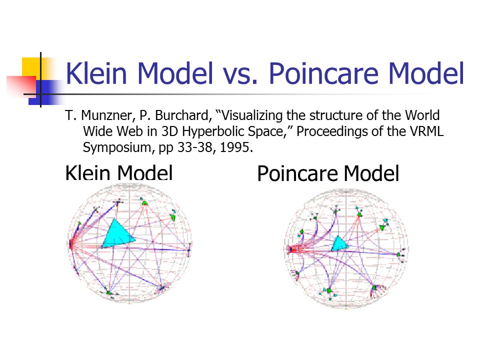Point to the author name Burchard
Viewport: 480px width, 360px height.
coord(183,115)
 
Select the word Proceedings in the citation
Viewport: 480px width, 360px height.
coord(333,132)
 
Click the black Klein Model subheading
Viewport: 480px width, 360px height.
coord(119,173)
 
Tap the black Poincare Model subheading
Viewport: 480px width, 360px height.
coord(328,173)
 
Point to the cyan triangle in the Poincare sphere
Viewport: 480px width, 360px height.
coord(339,244)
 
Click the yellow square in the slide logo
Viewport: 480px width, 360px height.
coord(32,68)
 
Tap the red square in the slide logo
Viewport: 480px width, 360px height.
coord(21,86)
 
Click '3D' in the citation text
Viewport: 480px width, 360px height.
coord(170,131)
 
